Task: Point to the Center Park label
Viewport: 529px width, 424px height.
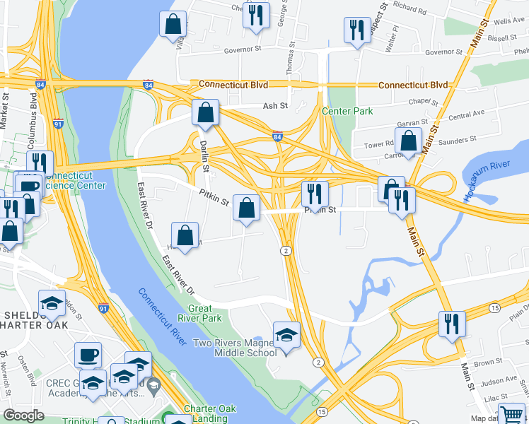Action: pos(347,111)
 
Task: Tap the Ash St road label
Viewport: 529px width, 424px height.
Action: pos(275,106)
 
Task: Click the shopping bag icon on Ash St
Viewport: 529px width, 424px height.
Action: pos(205,113)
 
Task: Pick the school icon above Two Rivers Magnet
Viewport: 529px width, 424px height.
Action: pos(286,334)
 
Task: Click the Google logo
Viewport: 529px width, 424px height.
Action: pos(23,416)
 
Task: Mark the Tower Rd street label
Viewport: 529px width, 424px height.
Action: pos(378,144)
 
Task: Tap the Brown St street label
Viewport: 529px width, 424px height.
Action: pos(488,363)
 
